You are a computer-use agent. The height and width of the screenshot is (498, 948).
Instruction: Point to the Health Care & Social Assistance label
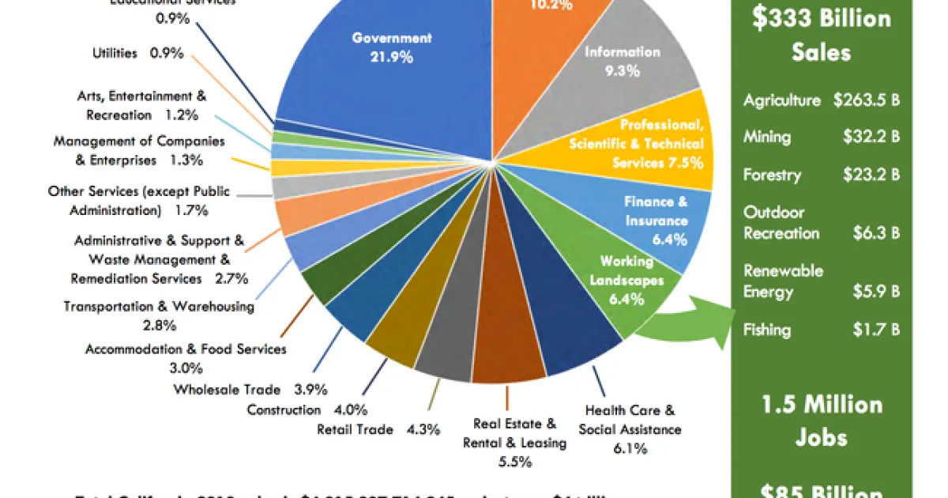pos(630,429)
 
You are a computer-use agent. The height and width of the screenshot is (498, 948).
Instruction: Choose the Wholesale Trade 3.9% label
pos(250,389)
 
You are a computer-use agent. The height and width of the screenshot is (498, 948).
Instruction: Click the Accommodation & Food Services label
pos(186,357)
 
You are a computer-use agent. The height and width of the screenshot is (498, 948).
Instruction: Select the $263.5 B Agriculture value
pos(867,100)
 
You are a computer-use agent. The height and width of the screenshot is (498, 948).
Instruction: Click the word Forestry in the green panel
pos(772,175)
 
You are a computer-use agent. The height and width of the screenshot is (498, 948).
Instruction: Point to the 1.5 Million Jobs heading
pos(822,421)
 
